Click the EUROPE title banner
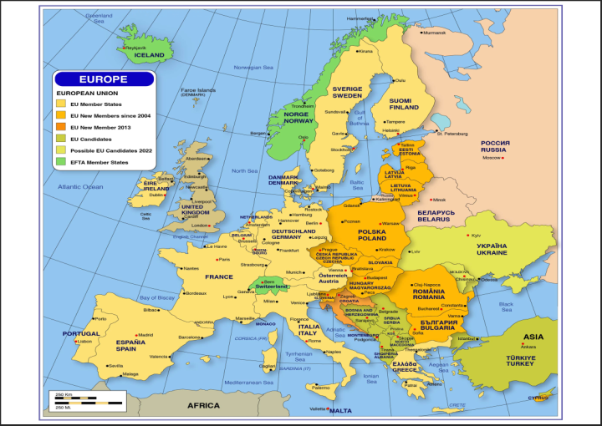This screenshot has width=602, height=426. coord(105,79)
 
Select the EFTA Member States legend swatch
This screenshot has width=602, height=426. coord(60,162)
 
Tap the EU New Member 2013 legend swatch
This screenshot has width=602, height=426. coord(60,127)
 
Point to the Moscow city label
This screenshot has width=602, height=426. coord(491,158)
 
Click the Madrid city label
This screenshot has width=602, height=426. coord(145,335)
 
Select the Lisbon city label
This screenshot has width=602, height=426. coord(85,341)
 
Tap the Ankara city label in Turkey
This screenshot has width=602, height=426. coord(528,346)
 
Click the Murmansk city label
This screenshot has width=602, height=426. coord(435,33)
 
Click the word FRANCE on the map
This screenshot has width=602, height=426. coord(219,276)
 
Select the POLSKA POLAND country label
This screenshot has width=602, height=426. coord(372,235)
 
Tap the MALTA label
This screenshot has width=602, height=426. coord(340,410)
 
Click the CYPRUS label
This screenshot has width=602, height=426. coord(538,398)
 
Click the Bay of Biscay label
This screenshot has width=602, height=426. coord(157,297)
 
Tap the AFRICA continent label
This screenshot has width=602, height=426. coord(203,405)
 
